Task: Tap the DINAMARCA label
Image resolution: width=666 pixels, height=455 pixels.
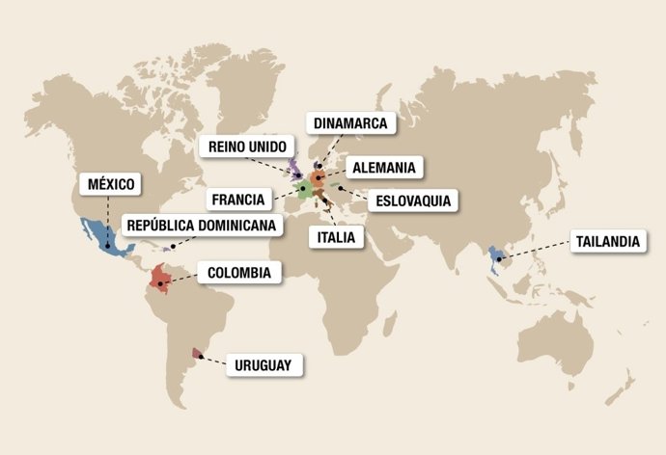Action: click(x=350, y=123)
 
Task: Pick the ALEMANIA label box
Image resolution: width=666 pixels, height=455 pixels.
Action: click(x=384, y=167)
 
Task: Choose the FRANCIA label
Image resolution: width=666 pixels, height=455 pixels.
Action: click(x=237, y=200)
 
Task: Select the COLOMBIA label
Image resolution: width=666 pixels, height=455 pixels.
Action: click(x=238, y=273)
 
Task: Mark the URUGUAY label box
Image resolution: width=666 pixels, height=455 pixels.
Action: click(x=265, y=365)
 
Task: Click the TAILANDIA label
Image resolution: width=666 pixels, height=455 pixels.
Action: click(x=605, y=241)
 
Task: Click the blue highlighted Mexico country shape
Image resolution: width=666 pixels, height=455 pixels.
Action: click(x=106, y=237)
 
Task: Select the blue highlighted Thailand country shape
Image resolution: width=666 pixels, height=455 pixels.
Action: click(x=496, y=255)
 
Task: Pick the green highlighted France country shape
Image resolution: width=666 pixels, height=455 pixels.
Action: click(x=303, y=189)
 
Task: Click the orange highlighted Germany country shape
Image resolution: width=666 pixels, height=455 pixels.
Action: click(x=319, y=178)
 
